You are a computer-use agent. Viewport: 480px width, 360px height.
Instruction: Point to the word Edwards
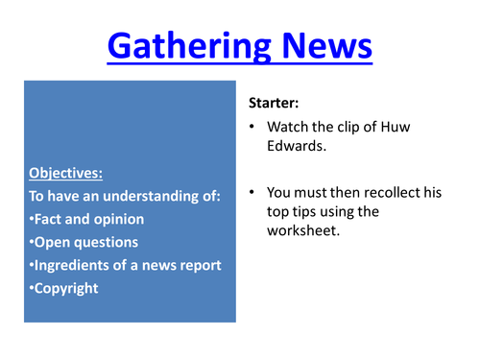coord(296,147)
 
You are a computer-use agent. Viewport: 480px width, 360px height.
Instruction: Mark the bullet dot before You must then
coord(252,193)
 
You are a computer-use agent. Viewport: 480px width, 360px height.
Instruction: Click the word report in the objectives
coord(201,264)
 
